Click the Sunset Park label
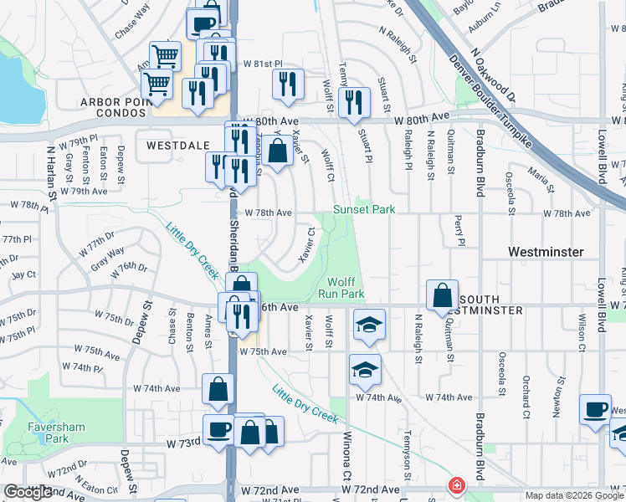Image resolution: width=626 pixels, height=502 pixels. [x=364, y=209]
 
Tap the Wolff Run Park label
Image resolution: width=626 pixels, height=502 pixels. [x=345, y=288]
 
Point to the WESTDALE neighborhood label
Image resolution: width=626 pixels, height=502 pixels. [x=177, y=145]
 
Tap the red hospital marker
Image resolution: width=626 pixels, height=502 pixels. [x=457, y=485]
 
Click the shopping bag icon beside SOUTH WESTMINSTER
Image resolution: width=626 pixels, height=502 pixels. [x=441, y=295]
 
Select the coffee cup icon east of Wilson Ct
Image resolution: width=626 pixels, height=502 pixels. [x=596, y=410]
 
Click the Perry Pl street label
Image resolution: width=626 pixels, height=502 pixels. [x=459, y=230]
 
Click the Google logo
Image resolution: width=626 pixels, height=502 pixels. [x=28, y=492]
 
